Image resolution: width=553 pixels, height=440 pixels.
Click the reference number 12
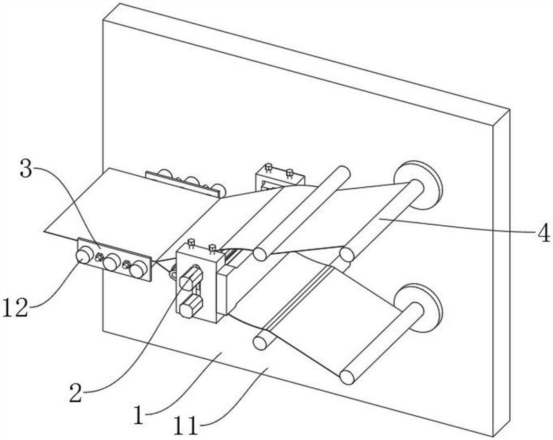pos(15,307)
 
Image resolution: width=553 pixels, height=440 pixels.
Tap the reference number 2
pos(76,393)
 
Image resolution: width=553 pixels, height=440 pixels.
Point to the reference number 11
pos(186,428)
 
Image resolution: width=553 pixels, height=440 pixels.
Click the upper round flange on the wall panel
pos(418,185)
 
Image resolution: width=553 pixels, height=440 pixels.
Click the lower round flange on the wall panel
pos(418,307)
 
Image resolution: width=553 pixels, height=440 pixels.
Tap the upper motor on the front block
pos(191,278)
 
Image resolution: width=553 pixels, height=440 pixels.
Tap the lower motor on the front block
pos(191,307)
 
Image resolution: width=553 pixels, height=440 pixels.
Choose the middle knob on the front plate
pos(111,262)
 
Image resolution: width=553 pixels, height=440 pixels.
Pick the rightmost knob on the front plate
pos(138,269)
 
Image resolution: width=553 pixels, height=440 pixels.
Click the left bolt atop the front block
pos(191,243)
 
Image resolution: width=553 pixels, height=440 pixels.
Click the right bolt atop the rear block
pos(290,173)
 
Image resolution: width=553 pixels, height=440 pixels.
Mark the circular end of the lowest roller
pos(347,377)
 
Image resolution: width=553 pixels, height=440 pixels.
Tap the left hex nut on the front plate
pos(99,258)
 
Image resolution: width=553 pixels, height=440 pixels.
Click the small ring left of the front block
pos(174,273)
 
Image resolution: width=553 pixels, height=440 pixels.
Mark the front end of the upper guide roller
pos(260,254)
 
